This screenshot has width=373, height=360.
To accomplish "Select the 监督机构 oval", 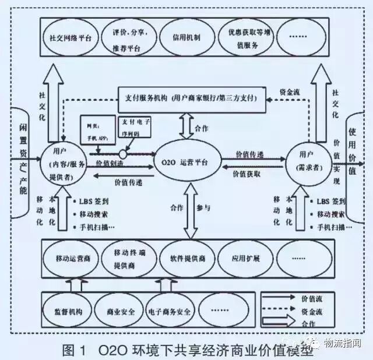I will click(69, 312).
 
